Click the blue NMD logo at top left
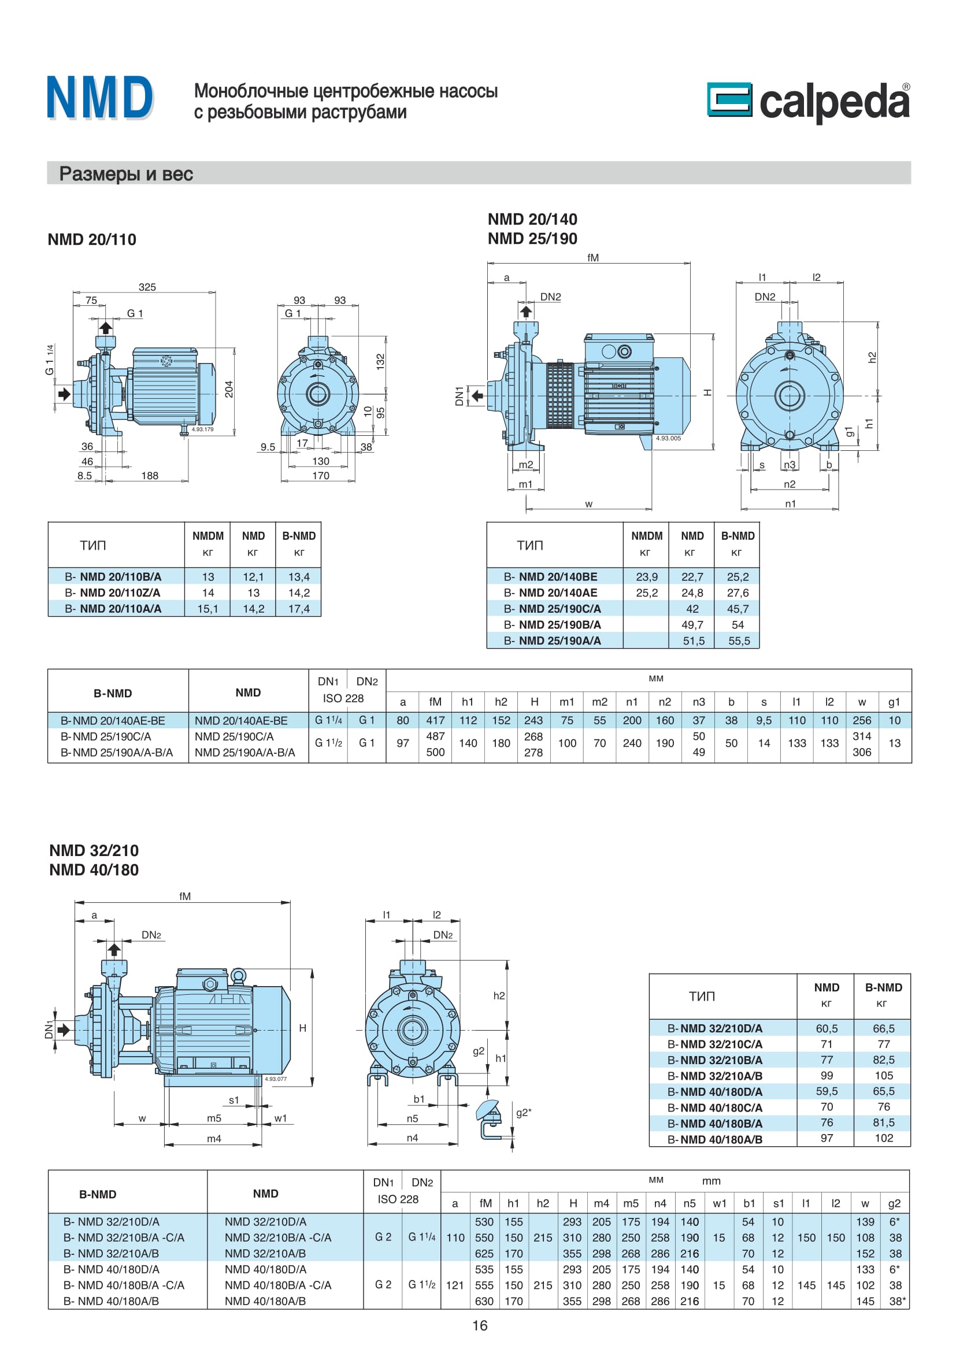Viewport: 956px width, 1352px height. coord(100,98)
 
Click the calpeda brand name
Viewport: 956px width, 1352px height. coord(835,101)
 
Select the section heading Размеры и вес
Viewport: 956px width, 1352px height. coord(126,174)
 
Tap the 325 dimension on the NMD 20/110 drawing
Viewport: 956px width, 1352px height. coord(147,287)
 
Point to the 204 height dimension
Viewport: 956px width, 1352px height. coord(229,389)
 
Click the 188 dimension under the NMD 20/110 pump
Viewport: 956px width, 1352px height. coord(150,475)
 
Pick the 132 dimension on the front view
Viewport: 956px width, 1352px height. coord(380,361)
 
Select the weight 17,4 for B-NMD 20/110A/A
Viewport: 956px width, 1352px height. coord(299,608)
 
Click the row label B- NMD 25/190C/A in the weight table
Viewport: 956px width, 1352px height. coord(552,608)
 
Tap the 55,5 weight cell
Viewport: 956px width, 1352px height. coord(739,640)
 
